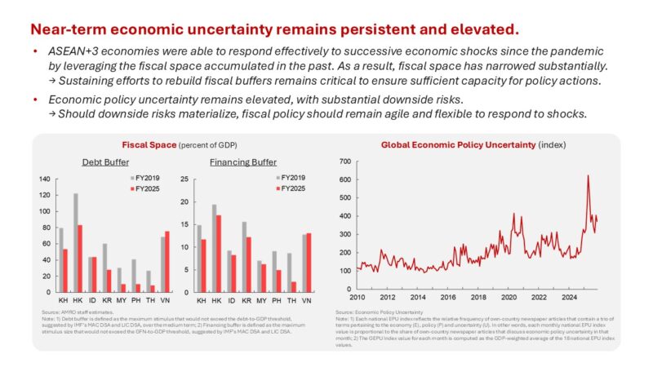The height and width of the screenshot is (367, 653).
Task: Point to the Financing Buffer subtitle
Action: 242,162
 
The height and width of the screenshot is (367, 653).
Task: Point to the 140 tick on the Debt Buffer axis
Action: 44,178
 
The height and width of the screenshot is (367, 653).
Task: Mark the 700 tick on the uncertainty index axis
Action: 344,160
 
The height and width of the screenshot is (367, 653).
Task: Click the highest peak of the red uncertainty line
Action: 588,175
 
